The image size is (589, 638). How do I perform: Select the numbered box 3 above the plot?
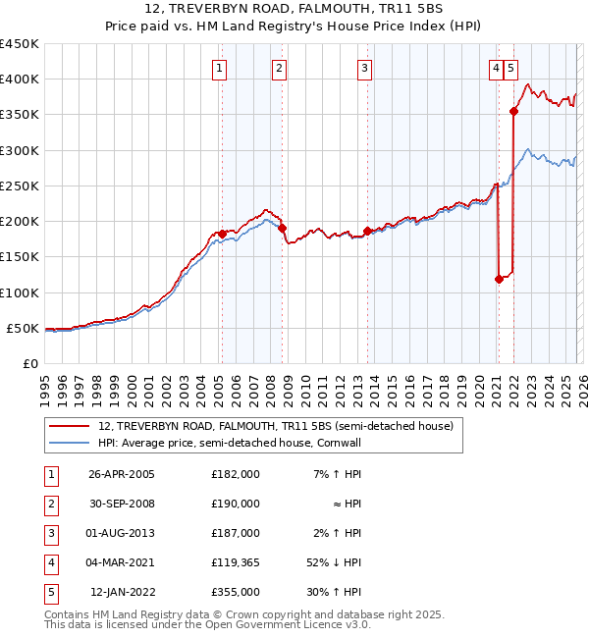tap(364, 68)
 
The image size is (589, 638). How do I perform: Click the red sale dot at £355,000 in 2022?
tap(513, 112)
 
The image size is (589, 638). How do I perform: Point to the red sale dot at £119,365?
tap(499, 279)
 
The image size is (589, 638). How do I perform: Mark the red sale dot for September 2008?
tap(283, 228)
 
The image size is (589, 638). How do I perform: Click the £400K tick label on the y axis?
tap(19, 80)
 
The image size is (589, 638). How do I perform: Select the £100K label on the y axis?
tap(19, 292)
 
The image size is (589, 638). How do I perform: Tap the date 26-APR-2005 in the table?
tap(121, 474)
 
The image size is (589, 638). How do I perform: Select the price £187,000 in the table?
tap(236, 533)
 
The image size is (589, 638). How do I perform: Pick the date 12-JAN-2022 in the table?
tap(124, 592)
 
